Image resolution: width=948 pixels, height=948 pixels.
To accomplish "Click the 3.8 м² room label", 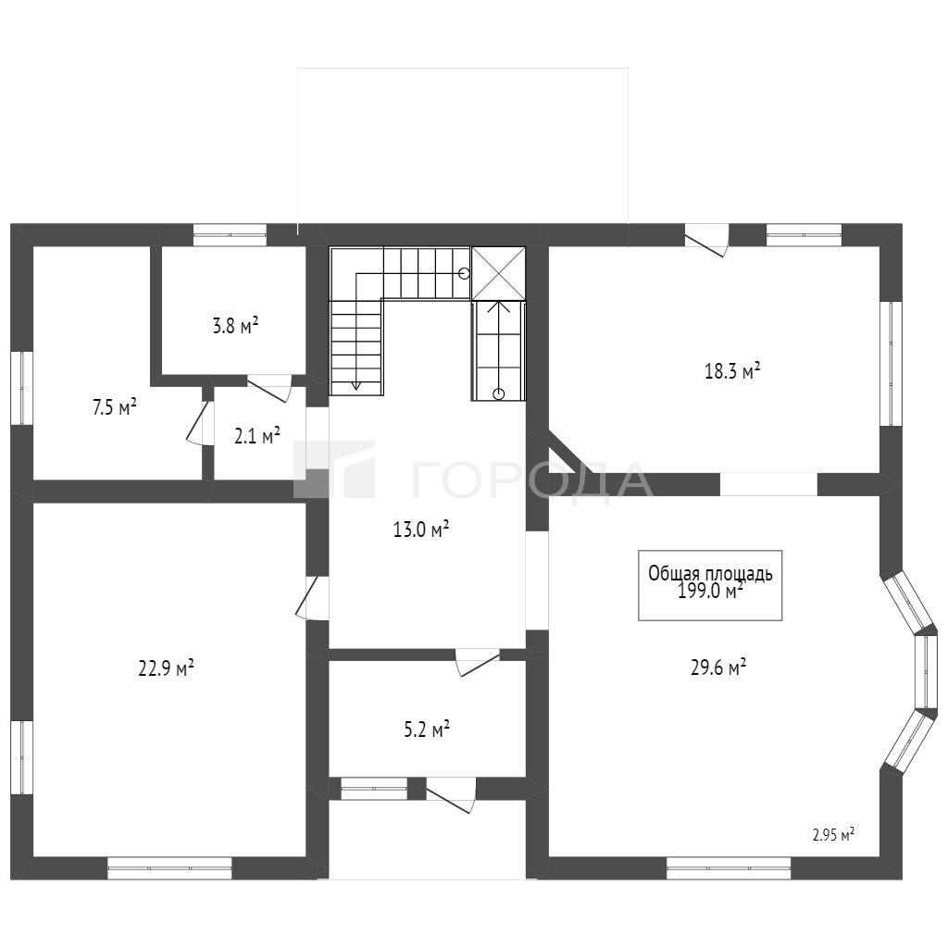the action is click(x=235, y=326).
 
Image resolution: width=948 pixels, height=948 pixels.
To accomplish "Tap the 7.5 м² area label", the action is click(x=114, y=407).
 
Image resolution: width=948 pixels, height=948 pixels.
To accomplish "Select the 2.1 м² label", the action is click(x=257, y=435).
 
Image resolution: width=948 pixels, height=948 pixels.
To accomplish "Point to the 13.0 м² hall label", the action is click(x=421, y=530).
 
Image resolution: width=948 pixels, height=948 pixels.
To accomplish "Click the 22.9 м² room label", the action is click(x=167, y=668).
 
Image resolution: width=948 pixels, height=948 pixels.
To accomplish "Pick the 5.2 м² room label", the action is click(x=427, y=730).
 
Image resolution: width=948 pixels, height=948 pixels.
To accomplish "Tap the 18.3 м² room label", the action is click(x=732, y=370).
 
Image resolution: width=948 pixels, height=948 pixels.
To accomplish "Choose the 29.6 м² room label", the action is click(x=718, y=667).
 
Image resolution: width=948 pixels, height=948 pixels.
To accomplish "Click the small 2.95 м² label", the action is click(x=833, y=836).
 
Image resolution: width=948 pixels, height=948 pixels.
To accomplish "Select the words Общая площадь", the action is click(x=710, y=572).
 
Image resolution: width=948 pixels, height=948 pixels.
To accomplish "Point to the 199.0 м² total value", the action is click(x=710, y=591).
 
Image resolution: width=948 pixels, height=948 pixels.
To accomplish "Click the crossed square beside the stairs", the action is click(x=498, y=273).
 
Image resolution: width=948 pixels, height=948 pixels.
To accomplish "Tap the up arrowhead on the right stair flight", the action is click(x=498, y=306).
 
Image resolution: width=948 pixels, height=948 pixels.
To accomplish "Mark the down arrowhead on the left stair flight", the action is click(x=355, y=385).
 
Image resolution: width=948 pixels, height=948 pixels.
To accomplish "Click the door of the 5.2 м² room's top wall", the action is click(x=478, y=663).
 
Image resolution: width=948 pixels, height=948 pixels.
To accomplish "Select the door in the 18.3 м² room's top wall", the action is click(x=706, y=240).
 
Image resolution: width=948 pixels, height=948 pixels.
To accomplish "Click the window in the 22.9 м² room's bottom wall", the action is click(x=169, y=868).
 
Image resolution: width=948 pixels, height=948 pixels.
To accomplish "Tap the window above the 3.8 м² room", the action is click(x=230, y=235).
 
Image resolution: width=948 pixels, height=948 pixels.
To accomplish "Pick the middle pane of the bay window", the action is click(x=925, y=670).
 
